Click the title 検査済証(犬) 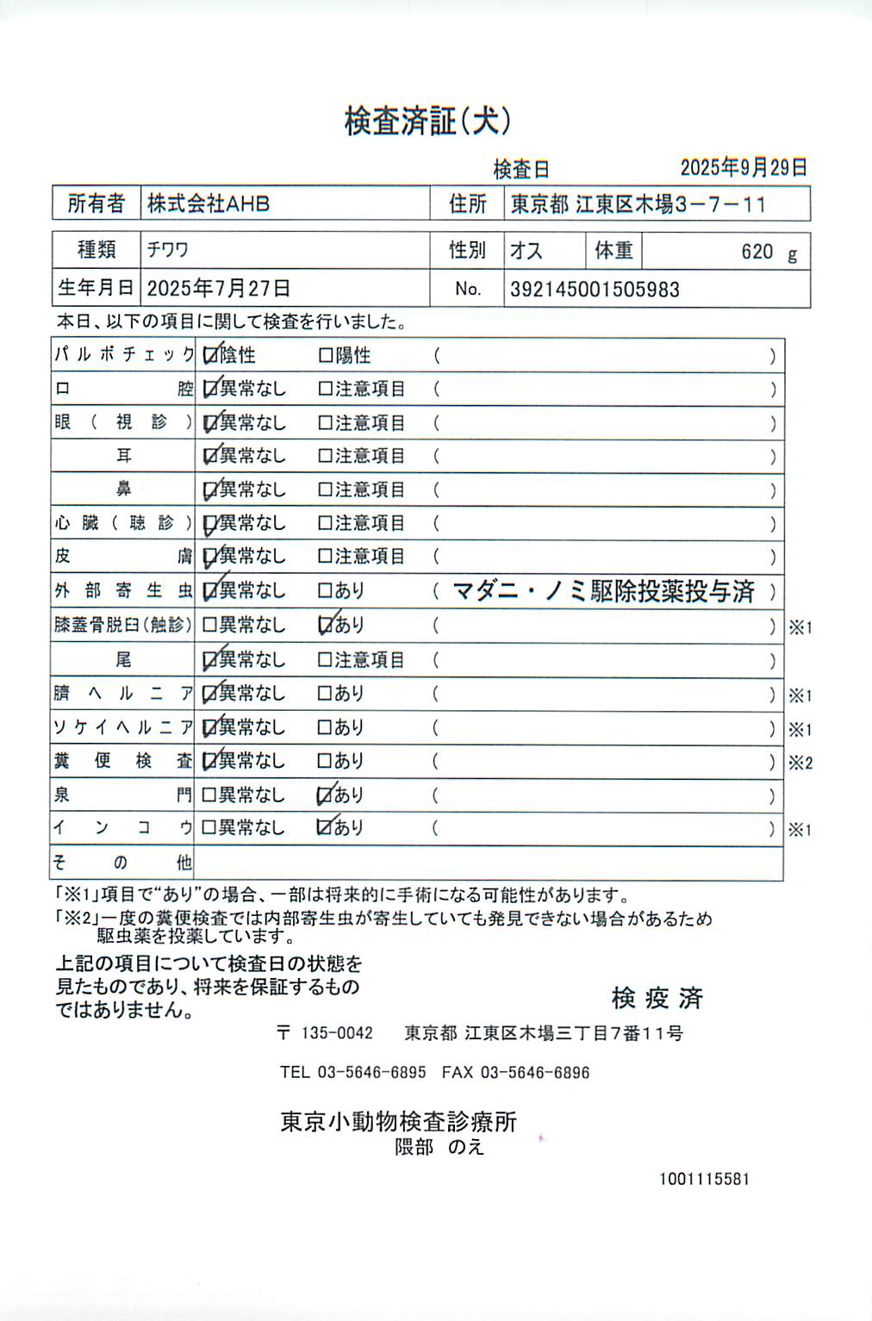click(x=428, y=121)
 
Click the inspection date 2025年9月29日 click(x=743, y=167)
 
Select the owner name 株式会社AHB click(x=209, y=204)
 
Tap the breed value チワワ click(x=167, y=250)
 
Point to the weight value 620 click(x=757, y=252)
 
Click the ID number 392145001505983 click(x=595, y=290)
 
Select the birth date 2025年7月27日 click(x=218, y=288)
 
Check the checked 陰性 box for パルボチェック click(x=209, y=355)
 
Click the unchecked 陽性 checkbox click(x=326, y=355)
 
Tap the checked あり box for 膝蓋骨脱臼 click(x=326, y=625)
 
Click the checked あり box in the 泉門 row click(x=326, y=795)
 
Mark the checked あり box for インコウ click(x=326, y=827)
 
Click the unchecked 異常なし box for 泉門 click(x=209, y=794)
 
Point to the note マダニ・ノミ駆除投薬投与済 click(x=603, y=591)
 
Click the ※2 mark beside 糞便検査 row click(x=800, y=763)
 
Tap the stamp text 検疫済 click(x=657, y=999)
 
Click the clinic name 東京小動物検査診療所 click(x=398, y=1122)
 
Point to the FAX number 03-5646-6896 click(x=535, y=1073)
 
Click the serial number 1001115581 click(x=704, y=1179)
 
